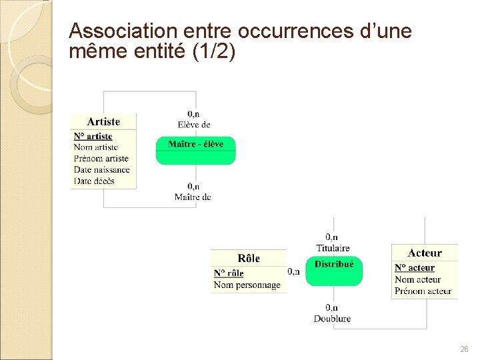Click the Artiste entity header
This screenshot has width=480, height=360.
(x=103, y=121)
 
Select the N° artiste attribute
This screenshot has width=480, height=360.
(x=93, y=137)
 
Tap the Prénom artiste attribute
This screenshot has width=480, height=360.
(x=101, y=159)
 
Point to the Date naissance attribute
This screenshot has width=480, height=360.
(x=101, y=170)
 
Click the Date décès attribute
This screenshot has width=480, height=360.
(x=94, y=181)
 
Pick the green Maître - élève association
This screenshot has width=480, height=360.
(x=195, y=150)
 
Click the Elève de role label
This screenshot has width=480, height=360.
(x=194, y=125)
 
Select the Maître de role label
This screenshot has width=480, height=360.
(x=193, y=197)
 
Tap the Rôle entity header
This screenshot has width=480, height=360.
(x=249, y=259)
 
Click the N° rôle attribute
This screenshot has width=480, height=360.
(x=229, y=273)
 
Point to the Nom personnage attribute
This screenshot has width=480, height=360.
(x=247, y=285)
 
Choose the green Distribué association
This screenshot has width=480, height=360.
(x=334, y=271)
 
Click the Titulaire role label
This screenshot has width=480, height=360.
(x=333, y=248)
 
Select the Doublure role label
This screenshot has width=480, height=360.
(x=332, y=319)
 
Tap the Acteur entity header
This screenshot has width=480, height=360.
(x=425, y=253)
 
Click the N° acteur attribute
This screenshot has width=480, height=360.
(x=414, y=268)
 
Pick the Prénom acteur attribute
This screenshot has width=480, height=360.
(x=423, y=291)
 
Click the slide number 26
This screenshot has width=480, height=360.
(x=464, y=349)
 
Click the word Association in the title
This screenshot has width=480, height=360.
(x=114, y=31)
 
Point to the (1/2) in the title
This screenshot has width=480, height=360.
(x=213, y=51)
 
